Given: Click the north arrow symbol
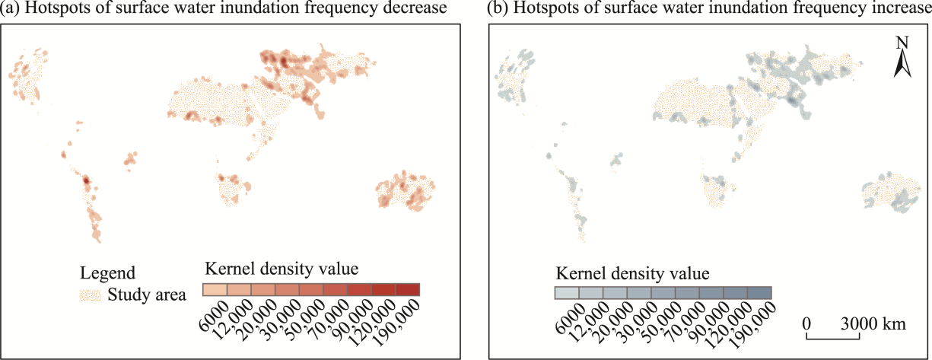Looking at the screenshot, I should click(x=902, y=63).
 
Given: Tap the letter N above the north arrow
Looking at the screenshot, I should click(x=902, y=43).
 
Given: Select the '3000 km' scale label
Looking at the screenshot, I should click(x=873, y=323).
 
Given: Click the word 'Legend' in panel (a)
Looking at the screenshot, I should click(x=108, y=272).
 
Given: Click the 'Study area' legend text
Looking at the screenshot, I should click(x=147, y=295).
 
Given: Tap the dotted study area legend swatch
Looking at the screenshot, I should click(x=91, y=295).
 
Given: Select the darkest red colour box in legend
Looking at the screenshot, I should click(x=408, y=289).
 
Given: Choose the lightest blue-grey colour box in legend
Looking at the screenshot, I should click(x=567, y=293).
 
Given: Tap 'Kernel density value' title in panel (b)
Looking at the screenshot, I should click(x=633, y=272).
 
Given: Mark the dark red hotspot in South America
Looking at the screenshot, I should click(x=86, y=180).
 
